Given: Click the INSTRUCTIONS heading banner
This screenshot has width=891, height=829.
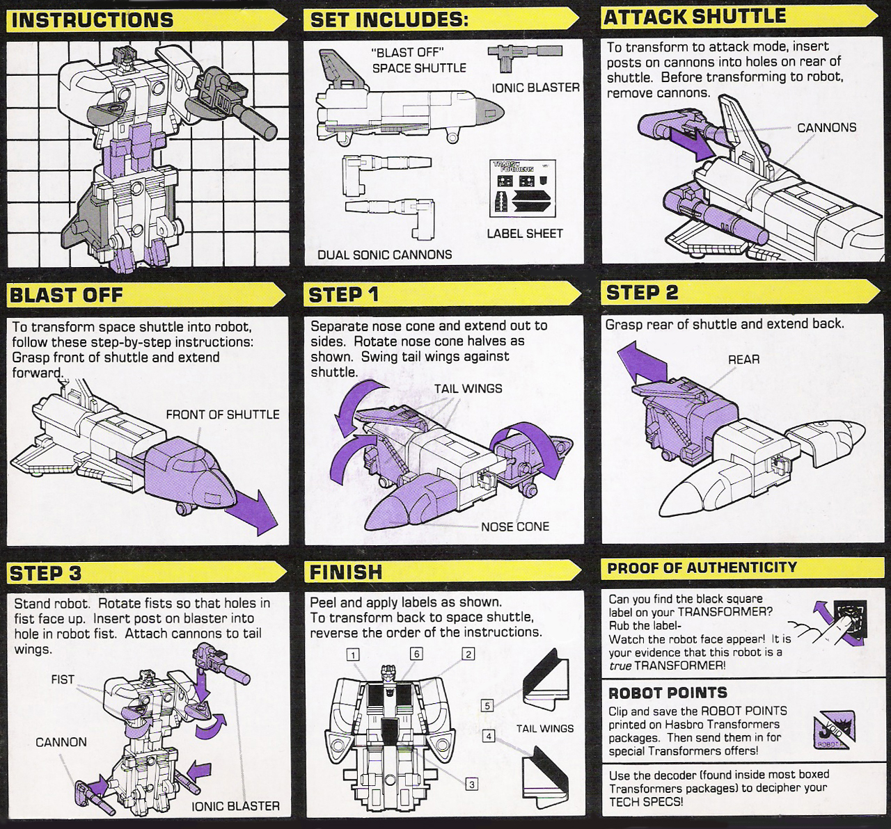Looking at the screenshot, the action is [x=146, y=21].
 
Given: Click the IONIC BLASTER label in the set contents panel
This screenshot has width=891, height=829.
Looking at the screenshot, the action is [x=536, y=88].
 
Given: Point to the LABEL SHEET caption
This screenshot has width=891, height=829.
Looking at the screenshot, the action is [x=525, y=233].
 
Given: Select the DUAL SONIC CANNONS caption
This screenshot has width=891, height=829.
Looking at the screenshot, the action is [x=384, y=255].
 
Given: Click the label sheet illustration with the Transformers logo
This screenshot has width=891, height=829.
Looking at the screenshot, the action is [x=523, y=188].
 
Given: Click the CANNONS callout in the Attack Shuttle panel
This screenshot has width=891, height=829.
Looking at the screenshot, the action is [x=826, y=128].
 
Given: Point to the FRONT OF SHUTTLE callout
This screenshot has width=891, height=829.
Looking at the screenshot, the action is [x=223, y=414].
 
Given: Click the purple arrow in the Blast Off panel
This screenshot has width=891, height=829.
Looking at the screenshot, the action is [x=252, y=512].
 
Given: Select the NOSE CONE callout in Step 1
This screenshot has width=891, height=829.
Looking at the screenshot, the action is [x=515, y=526].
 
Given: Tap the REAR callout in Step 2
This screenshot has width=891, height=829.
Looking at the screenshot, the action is [x=744, y=359].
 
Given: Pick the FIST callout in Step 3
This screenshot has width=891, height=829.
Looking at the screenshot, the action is [x=63, y=679].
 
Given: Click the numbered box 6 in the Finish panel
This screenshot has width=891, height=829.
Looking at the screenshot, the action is [x=416, y=654].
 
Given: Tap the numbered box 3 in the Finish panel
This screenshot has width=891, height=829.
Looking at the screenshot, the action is [x=471, y=784].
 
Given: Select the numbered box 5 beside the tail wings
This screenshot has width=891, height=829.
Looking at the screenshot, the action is [x=487, y=706].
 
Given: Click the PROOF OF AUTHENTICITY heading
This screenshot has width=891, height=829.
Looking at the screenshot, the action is [x=702, y=568].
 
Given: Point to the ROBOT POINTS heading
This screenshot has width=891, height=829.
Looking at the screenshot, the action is [x=668, y=693].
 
